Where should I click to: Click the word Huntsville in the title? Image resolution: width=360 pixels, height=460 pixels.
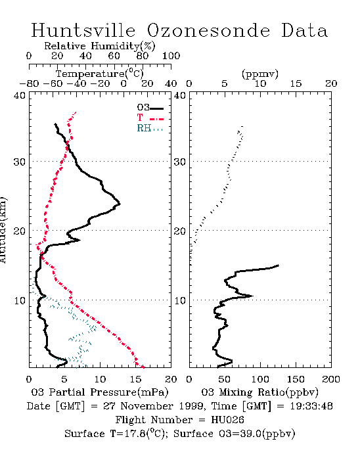click(83, 30)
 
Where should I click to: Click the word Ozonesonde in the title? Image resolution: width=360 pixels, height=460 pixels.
click(208, 30)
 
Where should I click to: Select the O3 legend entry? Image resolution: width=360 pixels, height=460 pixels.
click(150, 108)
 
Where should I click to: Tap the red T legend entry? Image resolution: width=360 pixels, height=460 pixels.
click(150, 118)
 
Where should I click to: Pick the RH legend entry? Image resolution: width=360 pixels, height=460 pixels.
click(150, 128)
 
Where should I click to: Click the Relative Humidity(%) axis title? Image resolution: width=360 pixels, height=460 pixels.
click(100, 46)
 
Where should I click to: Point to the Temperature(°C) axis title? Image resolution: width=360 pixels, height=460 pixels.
click(100, 74)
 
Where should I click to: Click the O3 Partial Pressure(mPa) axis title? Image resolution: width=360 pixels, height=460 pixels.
click(100, 392)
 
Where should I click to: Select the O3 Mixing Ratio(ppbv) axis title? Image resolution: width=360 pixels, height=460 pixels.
click(259, 392)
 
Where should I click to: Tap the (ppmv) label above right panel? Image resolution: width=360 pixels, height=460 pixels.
click(259, 74)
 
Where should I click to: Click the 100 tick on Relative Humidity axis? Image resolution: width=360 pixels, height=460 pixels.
click(171, 56)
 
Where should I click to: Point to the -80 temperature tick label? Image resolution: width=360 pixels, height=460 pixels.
click(29, 83)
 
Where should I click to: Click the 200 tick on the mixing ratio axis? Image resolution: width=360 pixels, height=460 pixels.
click(331, 379)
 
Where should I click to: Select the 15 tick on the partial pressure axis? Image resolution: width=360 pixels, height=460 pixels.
click(135, 379)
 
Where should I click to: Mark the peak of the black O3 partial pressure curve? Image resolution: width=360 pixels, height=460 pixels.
click(120, 204)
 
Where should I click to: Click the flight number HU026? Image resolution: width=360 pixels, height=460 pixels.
click(227, 420)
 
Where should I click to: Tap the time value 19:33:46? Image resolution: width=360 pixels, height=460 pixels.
click(311, 406)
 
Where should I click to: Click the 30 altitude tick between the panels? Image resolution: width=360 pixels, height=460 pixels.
click(180, 162)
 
